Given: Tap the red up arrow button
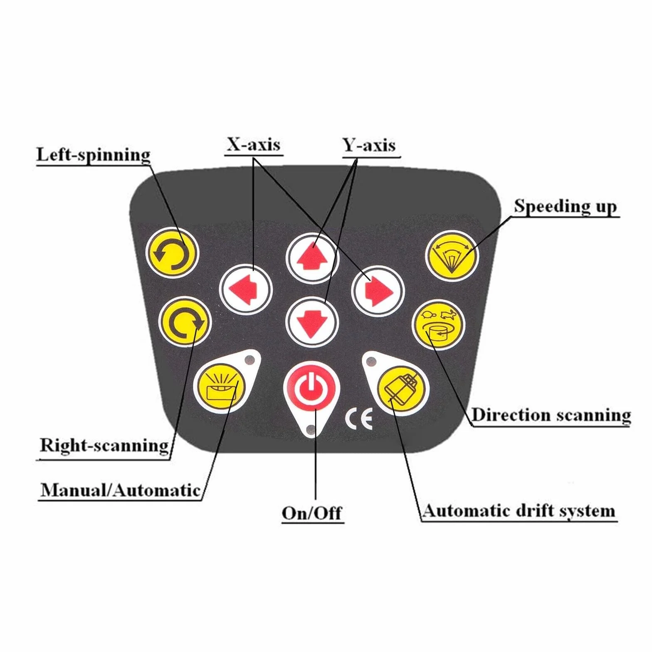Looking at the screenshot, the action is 312,258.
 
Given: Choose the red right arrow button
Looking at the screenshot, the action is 378,290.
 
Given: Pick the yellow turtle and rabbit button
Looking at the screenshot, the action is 438,325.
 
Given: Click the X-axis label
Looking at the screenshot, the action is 254,145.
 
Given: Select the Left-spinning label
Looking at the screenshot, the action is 94,155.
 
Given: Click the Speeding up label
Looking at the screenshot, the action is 565,206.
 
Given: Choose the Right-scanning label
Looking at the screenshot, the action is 104,446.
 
